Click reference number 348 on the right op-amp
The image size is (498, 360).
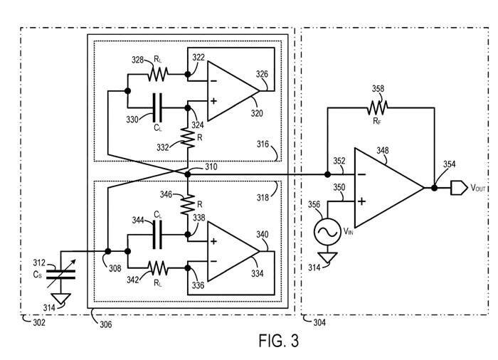point(385,152)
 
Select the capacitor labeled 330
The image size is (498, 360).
point(157,108)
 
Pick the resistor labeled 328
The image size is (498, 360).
point(157,73)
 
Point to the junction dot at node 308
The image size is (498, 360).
point(107,250)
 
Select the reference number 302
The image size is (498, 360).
point(29,322)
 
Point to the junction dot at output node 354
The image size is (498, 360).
point(433,189)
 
